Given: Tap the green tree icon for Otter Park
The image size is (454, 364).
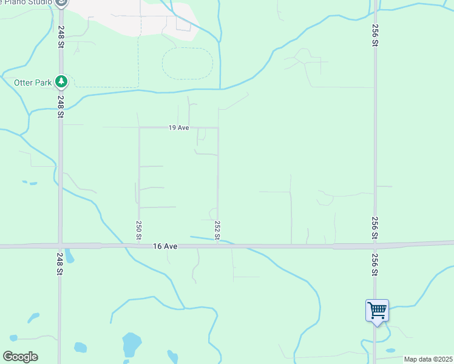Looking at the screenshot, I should [61, 81].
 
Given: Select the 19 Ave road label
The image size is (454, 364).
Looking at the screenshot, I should [179, 128].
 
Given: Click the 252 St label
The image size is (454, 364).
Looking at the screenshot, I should [217, 229].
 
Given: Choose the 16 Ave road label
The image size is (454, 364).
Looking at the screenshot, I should [165, 246].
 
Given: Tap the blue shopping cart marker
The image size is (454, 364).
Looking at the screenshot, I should [377, 311].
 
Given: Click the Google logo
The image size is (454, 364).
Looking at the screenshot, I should [21, 356].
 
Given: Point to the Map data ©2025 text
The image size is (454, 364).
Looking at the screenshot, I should [427, 359].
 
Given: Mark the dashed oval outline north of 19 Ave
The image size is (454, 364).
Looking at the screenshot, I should [188, 64].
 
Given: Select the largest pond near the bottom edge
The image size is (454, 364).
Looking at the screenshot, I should [130, 344].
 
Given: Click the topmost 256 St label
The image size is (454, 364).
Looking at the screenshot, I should [375, 36].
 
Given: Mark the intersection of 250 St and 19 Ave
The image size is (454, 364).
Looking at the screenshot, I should [139, 127].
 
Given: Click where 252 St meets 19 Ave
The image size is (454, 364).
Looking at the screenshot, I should [218, 127].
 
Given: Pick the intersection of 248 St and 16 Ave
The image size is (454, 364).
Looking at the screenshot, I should [59, 246].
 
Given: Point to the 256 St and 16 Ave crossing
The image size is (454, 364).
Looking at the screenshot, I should [375, 246].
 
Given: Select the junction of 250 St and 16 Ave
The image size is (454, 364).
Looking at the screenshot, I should [139, 246].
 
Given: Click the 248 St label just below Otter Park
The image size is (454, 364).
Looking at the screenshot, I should [61, 101].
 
